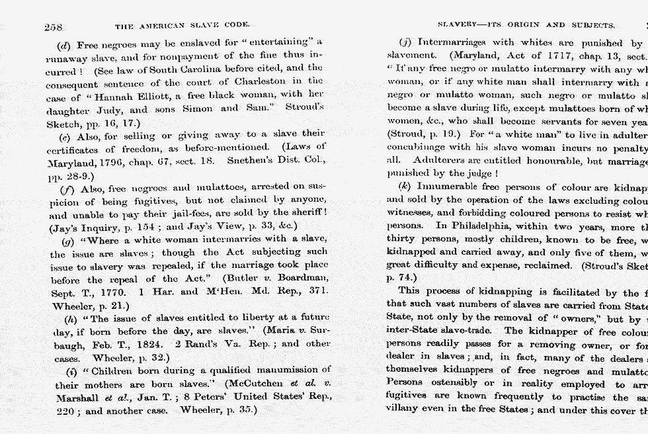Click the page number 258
[54, 26]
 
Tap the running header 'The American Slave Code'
[182, 26]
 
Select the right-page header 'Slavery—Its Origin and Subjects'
[526, 25]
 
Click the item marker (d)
[65, 45]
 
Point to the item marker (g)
[67, 241]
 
